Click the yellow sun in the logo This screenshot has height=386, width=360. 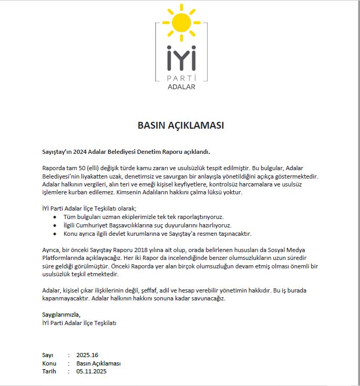181,23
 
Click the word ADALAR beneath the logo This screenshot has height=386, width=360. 180,87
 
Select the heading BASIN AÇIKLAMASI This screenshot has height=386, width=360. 180,126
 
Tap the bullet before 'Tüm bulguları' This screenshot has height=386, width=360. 55,217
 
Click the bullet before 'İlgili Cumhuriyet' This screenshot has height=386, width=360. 55,225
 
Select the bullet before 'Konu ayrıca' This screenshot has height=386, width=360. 55,234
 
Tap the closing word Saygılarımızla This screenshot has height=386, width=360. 61,315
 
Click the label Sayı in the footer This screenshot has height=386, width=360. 48,355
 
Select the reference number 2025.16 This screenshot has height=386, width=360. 87,355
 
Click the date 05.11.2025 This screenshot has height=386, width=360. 91,371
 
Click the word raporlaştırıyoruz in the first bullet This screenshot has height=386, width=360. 199,217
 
